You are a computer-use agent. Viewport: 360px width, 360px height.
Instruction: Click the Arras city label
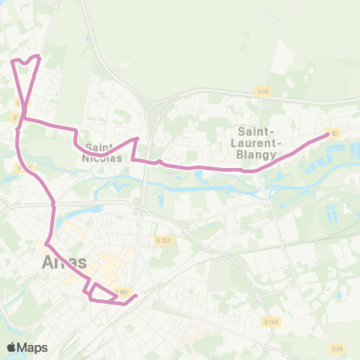[64, 262]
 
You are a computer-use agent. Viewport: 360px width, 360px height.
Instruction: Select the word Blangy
[256, 154]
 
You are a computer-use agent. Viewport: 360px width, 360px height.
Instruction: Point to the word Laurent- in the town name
[256, 142]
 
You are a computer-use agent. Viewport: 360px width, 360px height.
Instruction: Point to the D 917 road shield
[124, 292]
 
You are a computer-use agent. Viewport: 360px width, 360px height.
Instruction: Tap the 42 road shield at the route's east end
[334, 133]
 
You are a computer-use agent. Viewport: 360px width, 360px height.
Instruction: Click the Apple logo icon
[11, 347]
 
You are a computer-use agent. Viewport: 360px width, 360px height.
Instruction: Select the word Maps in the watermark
[33, 347]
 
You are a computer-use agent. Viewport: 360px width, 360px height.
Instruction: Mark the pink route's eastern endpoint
[328, 135]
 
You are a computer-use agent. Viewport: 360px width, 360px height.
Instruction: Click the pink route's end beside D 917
[135, 296]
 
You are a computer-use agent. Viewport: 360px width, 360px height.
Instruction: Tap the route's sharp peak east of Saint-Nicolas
[136, 139]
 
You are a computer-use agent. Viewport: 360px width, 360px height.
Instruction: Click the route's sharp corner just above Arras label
[46, 244]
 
